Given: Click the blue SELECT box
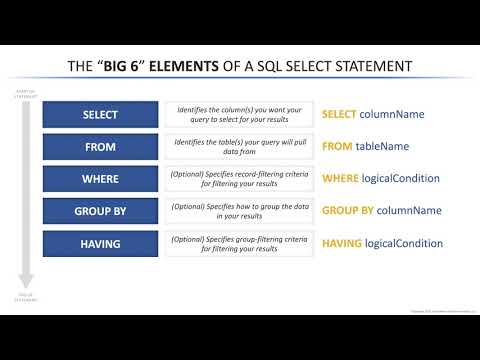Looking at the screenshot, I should point(100,114).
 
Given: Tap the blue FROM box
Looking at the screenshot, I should point(100,146).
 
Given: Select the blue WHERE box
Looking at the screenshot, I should point(100,179).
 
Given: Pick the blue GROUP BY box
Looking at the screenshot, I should point(100,211).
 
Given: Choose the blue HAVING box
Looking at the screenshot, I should point(100,243).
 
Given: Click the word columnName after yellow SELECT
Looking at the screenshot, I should point(393,114).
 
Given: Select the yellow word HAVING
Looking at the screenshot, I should point(342,243).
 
